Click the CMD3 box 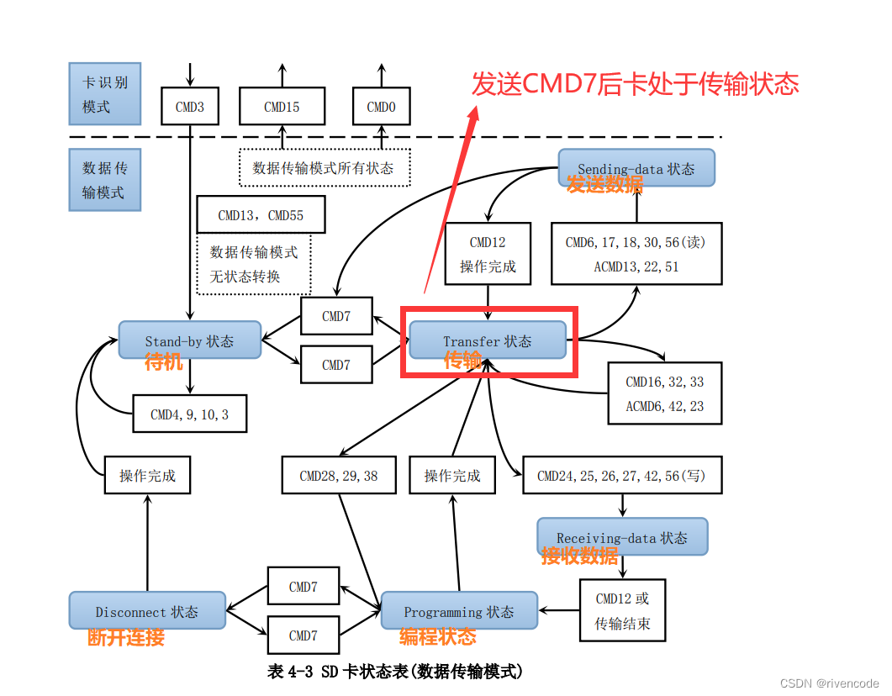pos(189,107)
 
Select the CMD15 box pos(282,107)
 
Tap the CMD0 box pos(381,107)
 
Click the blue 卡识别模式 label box pos(104,95)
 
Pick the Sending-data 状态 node pos(636,168)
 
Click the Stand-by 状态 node pos(189,340)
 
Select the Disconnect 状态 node pos(147,610)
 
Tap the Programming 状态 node pos(459,610)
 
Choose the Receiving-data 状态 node pos(622,536)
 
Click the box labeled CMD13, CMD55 pos(261,215)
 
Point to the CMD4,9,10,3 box pos(189,414)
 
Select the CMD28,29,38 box pos(339,475)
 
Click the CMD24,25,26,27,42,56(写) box pos(622,475)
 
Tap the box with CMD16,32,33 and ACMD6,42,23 pos(664,393)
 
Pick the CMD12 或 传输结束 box pos(622,611)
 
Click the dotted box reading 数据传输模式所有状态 pos(324,167)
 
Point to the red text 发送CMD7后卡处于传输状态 pos(635,84)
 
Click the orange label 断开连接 pos(126,637)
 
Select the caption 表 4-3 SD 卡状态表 pos(394,671)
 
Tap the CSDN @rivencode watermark pos(829,683)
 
